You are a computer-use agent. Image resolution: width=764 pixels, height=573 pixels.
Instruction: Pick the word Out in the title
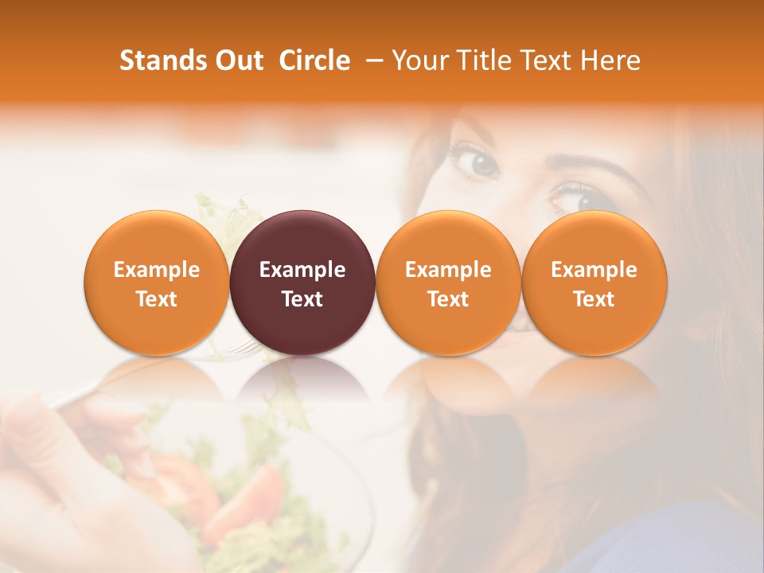coord(238,60)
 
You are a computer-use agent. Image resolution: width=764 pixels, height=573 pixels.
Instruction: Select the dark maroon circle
coord(302,283)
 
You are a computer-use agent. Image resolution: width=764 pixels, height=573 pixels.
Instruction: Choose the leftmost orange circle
coord(156,283)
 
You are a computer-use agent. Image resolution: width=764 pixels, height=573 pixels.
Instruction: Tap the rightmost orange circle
coord(594,283)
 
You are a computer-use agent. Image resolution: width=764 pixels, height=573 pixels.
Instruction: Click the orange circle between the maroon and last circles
coord(448,283)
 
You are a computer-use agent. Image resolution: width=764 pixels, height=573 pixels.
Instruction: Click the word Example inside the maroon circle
coord(302,270)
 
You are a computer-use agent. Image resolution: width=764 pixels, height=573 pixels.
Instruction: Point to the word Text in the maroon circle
coord(302,299)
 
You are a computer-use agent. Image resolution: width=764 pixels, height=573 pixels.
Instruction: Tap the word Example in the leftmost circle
coord(156,270)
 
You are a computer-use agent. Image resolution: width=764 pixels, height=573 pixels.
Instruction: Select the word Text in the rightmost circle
coord(594,299)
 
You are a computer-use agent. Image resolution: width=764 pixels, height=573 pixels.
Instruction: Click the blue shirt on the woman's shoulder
coord(676,541)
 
